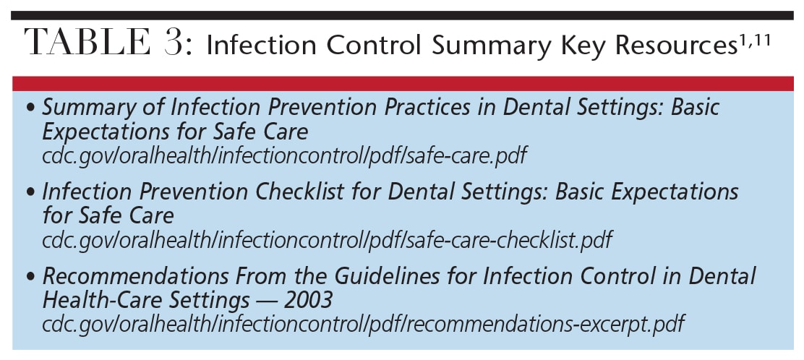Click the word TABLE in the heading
(87, 42)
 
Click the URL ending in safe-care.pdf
(284, 155)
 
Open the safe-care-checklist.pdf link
(327, 240)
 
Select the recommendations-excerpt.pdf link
(364, 325)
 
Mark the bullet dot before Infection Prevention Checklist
(33, 193)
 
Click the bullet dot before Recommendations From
(33, 278)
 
